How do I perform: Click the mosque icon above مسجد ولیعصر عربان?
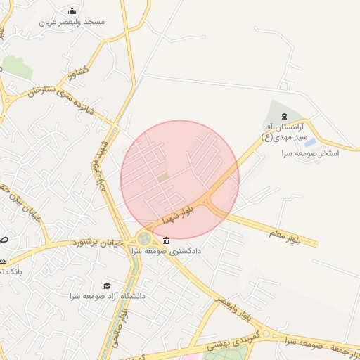(72, 11)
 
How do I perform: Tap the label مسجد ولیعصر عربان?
(73, 22)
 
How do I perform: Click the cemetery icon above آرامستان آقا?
(284, 116)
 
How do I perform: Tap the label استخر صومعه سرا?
(310, 153)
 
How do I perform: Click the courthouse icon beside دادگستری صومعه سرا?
(166, 240)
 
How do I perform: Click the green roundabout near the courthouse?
(144, 239)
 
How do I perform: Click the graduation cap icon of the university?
(107, 285)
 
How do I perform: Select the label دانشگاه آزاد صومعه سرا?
(107, 296)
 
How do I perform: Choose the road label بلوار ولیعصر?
(233, 310)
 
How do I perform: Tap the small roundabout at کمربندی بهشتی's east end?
(266, 333)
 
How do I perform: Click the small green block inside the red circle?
(163, 177)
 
